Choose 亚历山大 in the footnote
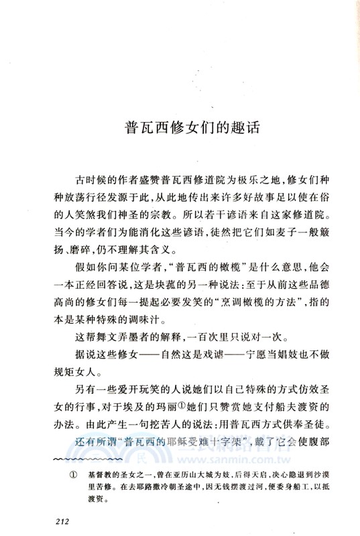click(x=171, y=474)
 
